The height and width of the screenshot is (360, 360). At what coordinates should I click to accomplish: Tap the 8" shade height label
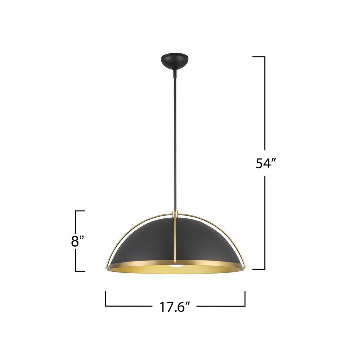(78, 241)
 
